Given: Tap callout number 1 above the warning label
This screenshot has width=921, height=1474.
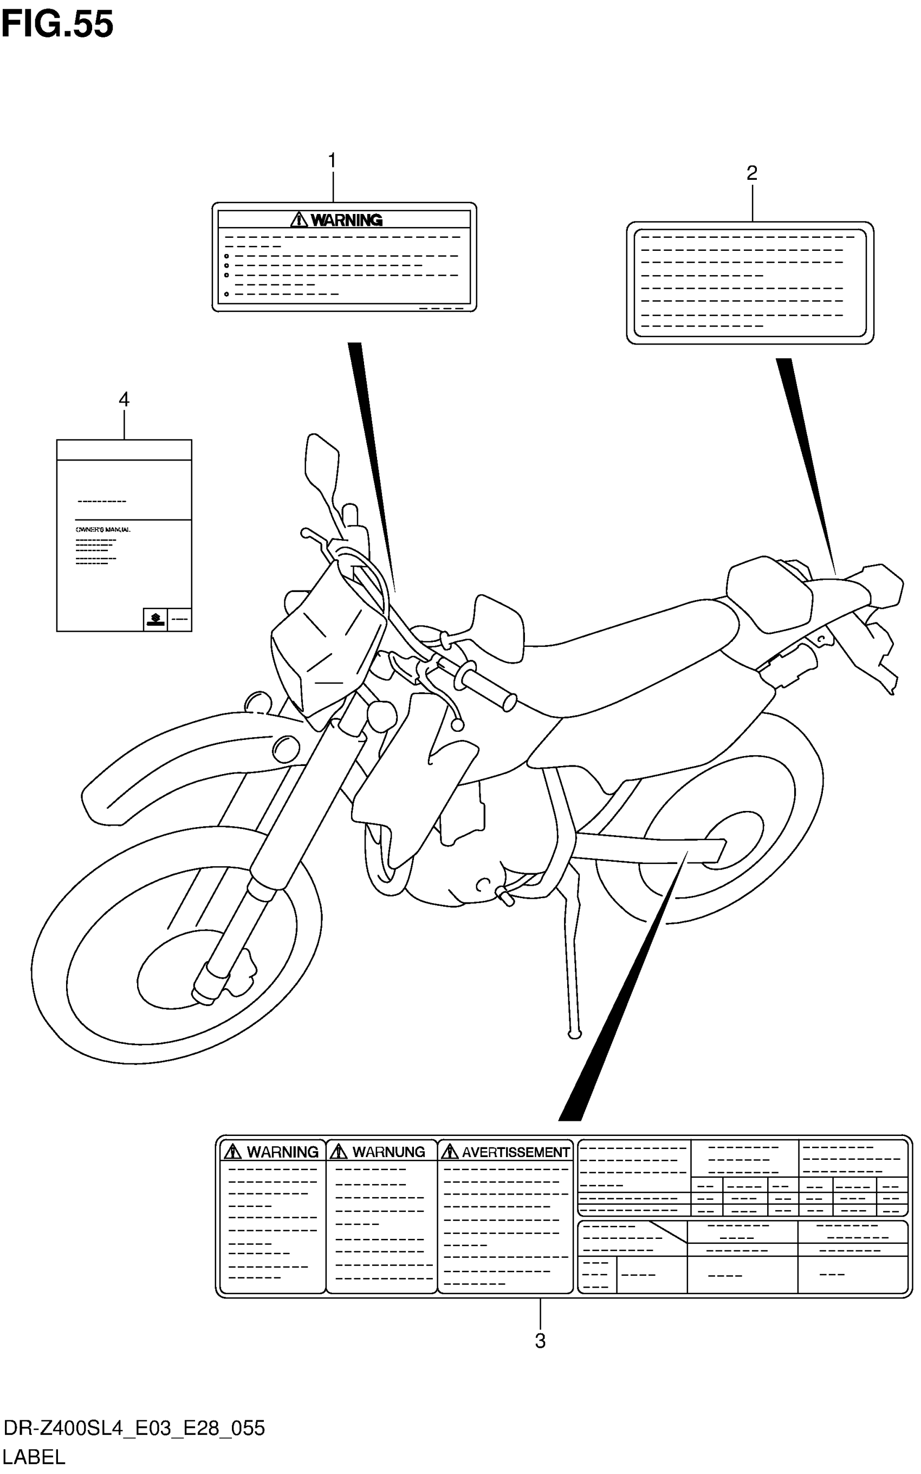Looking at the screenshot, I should click(332, 161).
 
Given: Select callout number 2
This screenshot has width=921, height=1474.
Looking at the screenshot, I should click(751, 173).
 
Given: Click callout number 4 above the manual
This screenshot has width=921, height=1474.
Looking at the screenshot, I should click(124, 400).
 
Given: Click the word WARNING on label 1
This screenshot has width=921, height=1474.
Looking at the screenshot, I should click(346, 220).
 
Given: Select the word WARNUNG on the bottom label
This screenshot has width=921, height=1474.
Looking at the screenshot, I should click(388, 1152).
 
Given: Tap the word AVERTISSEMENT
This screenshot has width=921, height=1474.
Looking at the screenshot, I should click(515, 1152).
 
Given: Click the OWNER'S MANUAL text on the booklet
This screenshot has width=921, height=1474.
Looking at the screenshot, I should click(103, 529).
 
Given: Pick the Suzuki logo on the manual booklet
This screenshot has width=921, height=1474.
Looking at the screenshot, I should click(155, 619).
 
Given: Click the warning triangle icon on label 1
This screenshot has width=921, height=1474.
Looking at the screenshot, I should click(299, 219).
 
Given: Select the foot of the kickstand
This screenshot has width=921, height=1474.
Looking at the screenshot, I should click(574, 1034).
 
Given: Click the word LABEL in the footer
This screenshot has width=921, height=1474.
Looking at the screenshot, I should click(34, 1458).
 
